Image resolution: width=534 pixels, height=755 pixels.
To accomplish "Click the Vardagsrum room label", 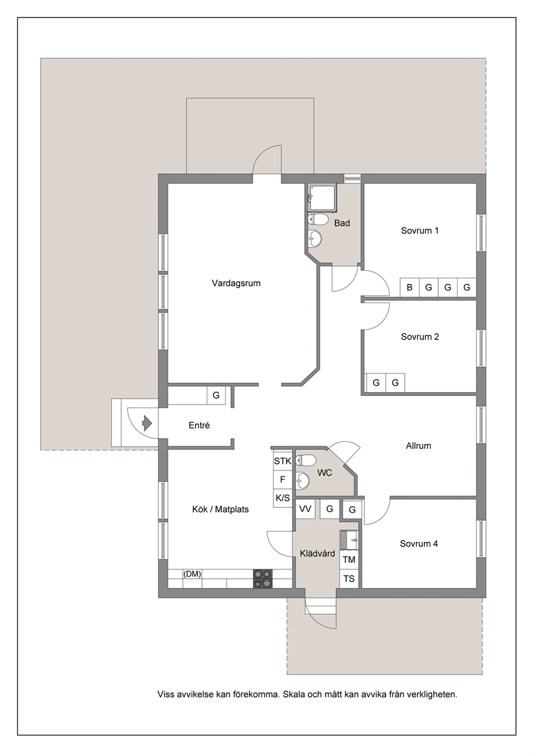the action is point(236,283).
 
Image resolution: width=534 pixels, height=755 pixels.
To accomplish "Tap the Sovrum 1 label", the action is point(420,230).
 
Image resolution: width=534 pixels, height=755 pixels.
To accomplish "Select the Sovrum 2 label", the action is point(420,337).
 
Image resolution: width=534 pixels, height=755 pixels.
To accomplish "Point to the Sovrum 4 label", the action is point(419,544).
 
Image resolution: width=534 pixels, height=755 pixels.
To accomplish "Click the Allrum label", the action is point(418,446).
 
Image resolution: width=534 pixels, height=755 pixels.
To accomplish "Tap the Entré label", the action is point(199,425).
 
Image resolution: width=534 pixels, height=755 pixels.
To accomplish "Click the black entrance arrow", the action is point(147,423).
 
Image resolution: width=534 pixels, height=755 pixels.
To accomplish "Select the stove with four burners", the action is point(263,579).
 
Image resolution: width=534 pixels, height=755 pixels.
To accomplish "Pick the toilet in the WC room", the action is point(305,460).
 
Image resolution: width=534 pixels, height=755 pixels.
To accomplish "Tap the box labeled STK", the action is point(283,461).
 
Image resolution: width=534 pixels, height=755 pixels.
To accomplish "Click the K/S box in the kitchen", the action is point(283,498).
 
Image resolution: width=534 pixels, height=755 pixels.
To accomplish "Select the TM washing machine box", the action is point(349,560).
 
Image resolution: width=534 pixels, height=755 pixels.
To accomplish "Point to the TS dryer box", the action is point(349,578).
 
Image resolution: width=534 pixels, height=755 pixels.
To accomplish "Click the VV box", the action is point(305,509).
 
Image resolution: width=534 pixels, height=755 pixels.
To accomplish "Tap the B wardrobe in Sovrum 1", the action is point(410,287).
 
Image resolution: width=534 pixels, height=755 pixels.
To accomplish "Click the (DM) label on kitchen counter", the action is point(192,574).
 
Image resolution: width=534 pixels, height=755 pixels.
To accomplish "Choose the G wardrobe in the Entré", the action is point(216,394).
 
